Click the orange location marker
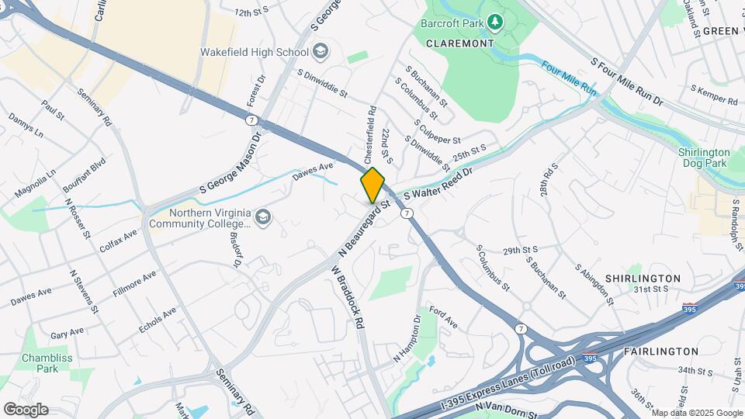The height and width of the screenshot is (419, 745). [372, 185]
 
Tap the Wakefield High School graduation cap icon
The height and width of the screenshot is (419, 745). [320, 52]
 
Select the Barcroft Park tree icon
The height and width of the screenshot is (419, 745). [495, 23]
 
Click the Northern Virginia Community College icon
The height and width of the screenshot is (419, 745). [263, 216]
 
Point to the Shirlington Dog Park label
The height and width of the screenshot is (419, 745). [704, 158]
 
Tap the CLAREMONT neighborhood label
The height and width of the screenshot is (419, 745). [459, 43]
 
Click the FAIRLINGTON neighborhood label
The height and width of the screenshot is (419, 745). [662, 351]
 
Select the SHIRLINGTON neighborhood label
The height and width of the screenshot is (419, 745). [643, 278]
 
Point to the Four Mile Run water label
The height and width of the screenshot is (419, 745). [569, 79]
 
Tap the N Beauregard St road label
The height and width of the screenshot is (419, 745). [363, 231]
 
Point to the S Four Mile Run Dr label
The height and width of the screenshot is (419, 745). [628, 81]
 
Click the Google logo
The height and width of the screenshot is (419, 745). [26, 409]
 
